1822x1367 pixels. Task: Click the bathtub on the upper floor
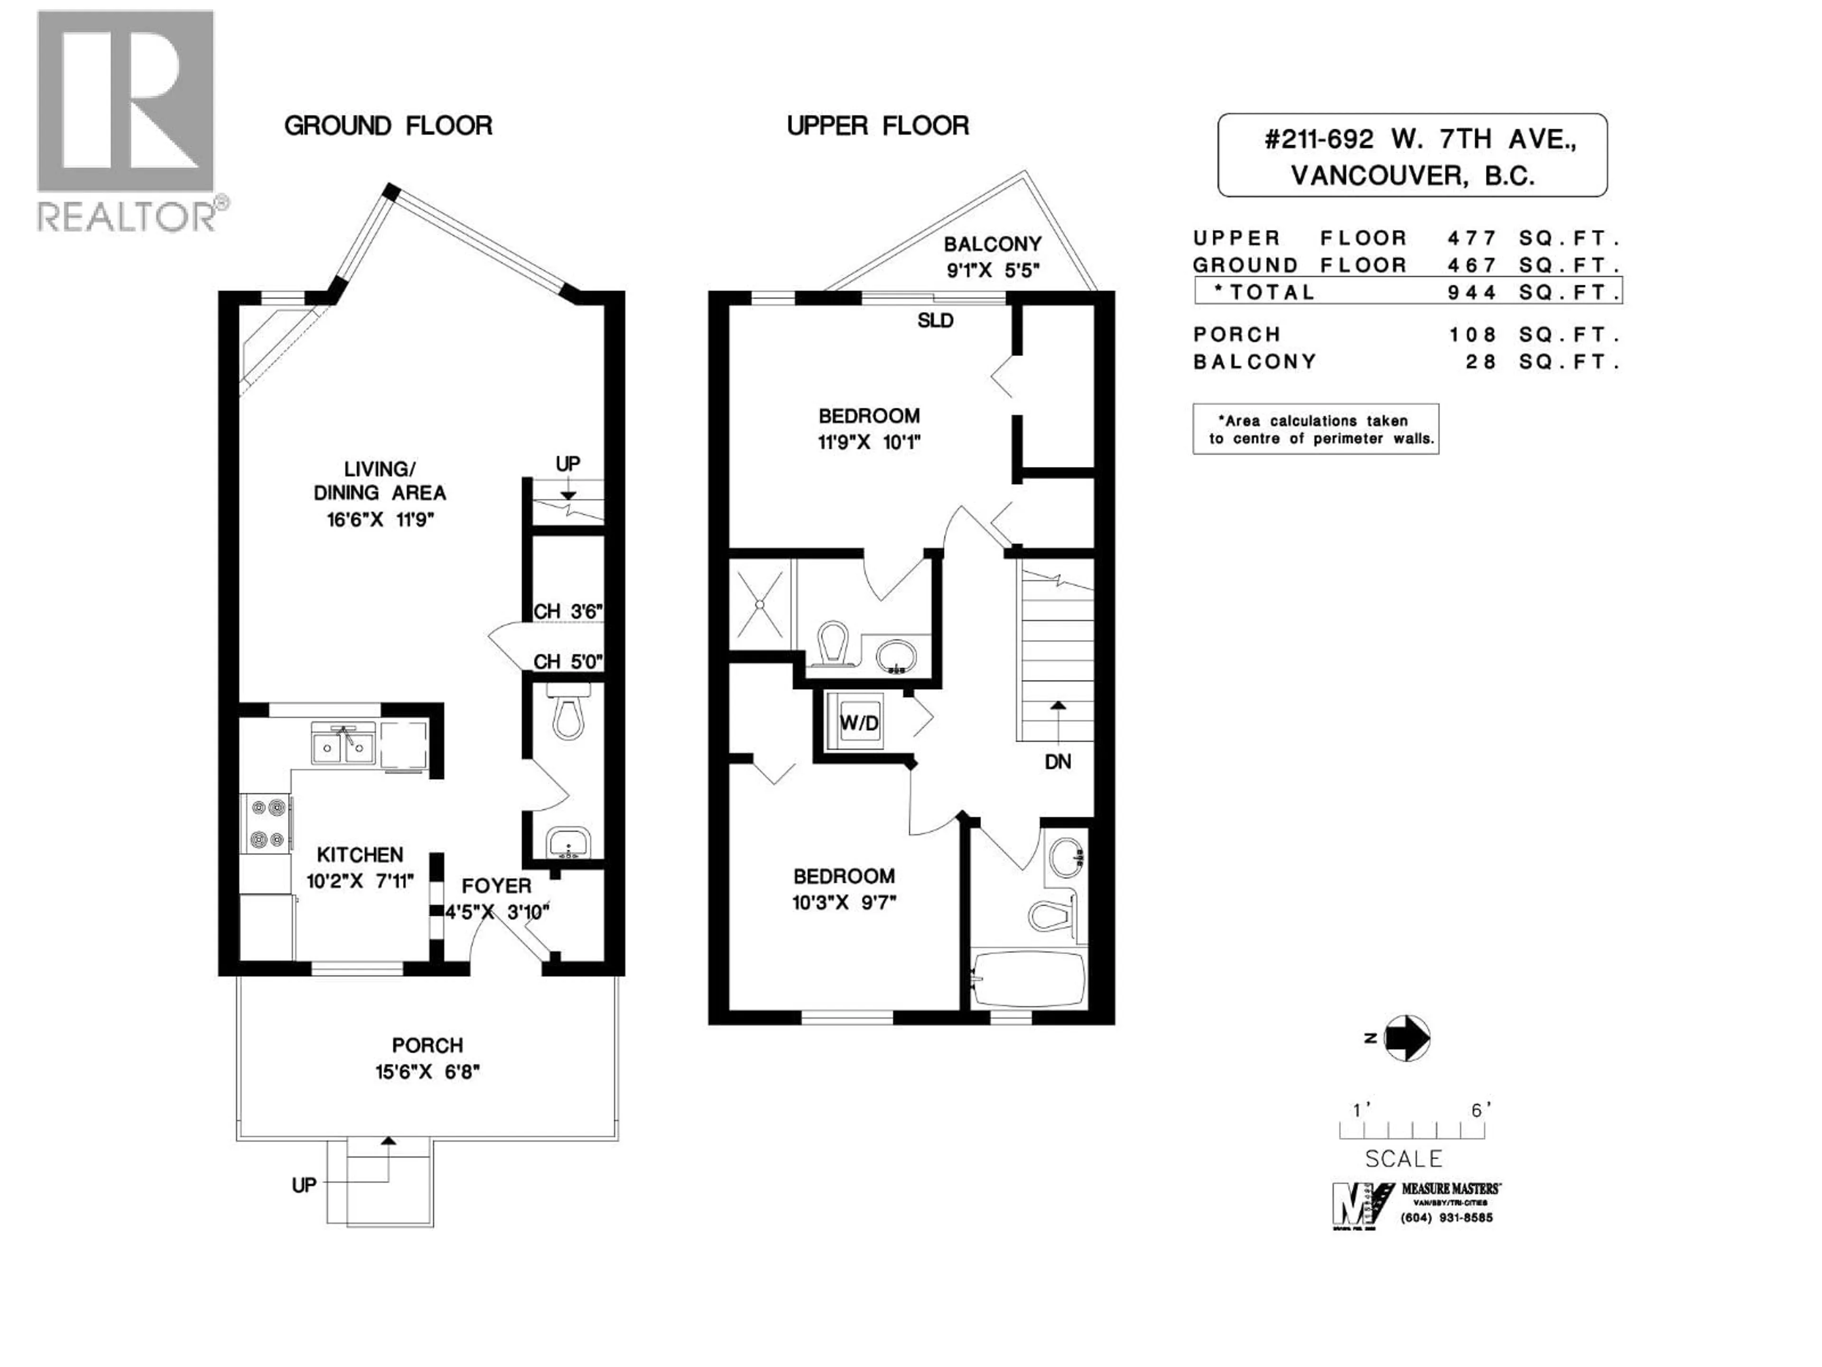coord(1029,979)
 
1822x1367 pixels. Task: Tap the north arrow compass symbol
coord(1407,1038)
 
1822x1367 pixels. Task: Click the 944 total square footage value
coord(1472,292)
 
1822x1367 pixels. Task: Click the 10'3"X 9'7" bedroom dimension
coord(844,902)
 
